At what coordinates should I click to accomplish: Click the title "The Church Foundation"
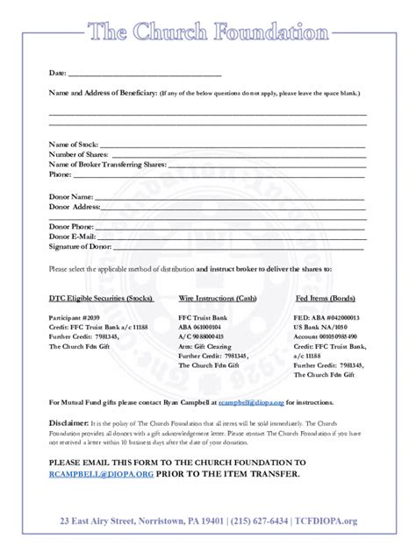click(208, 32)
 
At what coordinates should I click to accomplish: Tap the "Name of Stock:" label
click(74, 144)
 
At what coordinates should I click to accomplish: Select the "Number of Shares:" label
click(79, 154)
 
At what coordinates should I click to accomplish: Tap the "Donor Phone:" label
click(73, 227)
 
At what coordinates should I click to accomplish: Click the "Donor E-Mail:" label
click(73, 237)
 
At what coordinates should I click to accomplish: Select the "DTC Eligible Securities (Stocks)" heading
click(100, 298)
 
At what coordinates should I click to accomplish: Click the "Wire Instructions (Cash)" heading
click(217, 298)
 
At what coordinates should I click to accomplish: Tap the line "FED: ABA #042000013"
click(327, 317)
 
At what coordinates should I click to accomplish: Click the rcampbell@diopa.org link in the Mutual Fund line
click(252, 401)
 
